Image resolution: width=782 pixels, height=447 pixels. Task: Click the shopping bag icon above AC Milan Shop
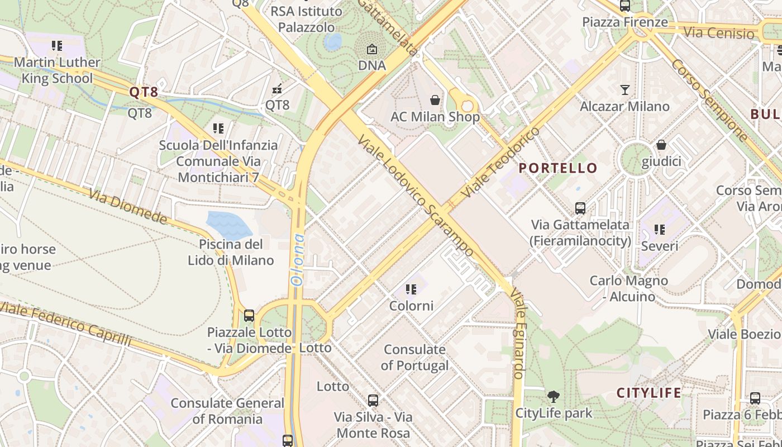point(435,100)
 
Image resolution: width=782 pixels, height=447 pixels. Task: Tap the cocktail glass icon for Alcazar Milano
point(624,89)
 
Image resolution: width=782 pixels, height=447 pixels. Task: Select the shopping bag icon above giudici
point(661,145)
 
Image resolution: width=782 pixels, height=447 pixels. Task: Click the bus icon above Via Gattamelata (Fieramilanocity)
point(580,208)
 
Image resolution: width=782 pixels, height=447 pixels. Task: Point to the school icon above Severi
point(660,229)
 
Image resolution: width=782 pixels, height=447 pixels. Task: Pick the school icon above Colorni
point(411,289)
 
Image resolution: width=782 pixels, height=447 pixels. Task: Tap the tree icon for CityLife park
point(554,397)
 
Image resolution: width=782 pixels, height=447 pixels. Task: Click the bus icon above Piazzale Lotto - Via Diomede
point(249,316)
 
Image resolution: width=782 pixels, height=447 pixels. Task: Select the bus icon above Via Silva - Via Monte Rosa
point(373,400)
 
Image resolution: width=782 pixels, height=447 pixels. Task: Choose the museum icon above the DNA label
point(372,49)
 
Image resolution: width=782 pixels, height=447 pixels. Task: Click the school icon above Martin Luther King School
point(57,45)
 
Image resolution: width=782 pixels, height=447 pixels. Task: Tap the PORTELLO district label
point(558,168)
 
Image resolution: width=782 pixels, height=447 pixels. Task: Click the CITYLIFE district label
point(649,393)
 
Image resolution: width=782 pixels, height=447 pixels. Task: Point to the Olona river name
point(299,259)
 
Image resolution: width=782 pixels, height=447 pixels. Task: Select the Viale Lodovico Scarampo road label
point(416,196)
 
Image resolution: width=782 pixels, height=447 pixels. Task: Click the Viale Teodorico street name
point(501,162)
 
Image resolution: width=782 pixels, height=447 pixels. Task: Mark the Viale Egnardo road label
point(518,335)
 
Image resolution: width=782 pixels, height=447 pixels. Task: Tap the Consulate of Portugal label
point(414,358)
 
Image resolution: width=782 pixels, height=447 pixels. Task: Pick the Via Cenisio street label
point(719,33)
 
